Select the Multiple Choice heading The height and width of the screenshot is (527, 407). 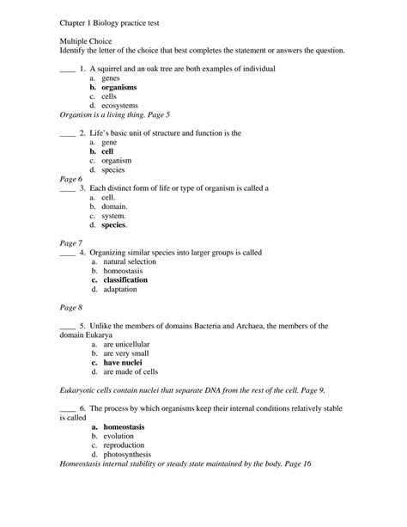point(88,41)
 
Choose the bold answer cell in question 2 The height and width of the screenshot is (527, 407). point(107,151)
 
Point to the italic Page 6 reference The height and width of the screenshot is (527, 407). point(71,179)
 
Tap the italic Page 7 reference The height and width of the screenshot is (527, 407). point(71,243)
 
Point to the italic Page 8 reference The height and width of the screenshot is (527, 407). point(71,307)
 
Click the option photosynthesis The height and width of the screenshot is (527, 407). point(127,454)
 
